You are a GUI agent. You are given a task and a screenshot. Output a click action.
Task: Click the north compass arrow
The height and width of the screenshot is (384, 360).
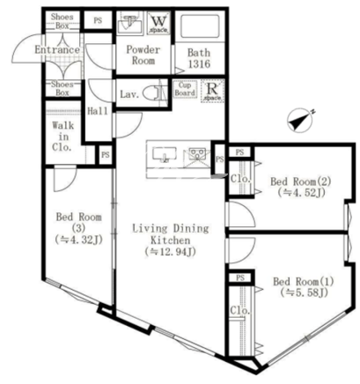(x=300, y=121)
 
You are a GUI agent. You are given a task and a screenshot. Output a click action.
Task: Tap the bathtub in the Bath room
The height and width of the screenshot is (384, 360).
(x=200, y=26)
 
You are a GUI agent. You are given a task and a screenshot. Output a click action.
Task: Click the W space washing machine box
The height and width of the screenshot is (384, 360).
(x=158, y=23)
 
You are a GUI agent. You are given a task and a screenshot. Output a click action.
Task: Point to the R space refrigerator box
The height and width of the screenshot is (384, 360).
(x=213, y=91)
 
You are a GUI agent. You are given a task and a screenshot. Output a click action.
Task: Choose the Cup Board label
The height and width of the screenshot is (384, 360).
(x=185, y=89)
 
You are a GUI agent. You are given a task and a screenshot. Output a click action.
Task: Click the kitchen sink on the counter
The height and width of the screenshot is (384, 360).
(x=165, y=154)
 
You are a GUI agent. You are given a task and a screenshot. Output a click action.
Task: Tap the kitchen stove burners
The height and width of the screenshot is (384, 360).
(x=197, y=154)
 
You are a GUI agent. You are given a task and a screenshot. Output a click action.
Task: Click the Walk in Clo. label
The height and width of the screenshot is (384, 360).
(x=62, y=137)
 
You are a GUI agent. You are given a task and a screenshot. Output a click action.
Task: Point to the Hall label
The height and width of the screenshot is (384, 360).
(x=98, y=111)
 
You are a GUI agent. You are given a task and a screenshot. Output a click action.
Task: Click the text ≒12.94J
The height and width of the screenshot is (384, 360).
(x=170, y=252)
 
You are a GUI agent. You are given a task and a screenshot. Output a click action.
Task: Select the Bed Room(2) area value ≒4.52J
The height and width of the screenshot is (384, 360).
(x=301, y=192)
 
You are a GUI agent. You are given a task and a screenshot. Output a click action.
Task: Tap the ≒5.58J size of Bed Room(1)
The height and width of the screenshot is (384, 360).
(x=305, y=292)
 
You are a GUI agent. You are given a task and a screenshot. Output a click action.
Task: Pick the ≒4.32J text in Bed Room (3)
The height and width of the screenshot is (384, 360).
(x=78, y=240)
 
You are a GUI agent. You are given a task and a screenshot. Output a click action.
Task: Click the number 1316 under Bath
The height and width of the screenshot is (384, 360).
(x=199, y=63)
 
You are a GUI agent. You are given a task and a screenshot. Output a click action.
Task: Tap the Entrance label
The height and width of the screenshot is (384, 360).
(x=57, y=49)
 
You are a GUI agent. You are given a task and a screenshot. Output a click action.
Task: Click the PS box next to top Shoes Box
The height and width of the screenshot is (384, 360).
(x=98, y=20)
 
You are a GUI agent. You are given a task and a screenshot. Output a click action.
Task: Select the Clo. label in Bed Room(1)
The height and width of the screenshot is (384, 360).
(x=240, y=310)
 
